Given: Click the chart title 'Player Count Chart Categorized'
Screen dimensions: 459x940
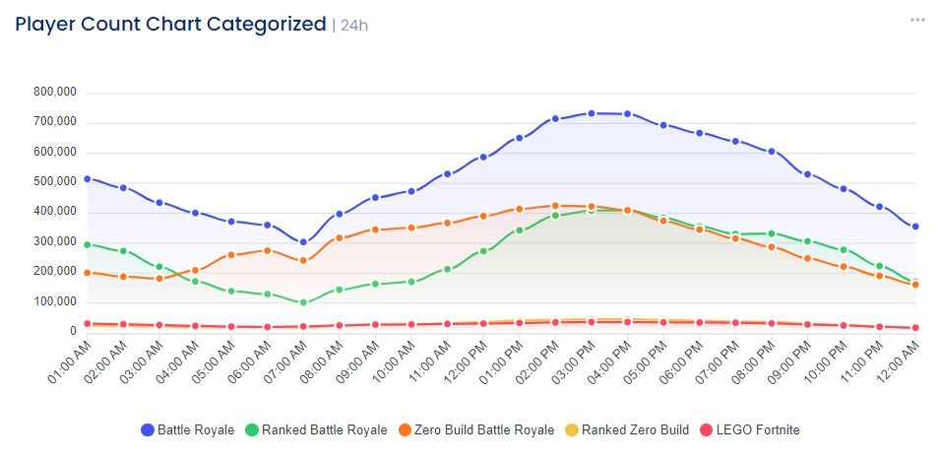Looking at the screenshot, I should tap(170, 24).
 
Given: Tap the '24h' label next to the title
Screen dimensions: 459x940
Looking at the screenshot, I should tap(353, 26).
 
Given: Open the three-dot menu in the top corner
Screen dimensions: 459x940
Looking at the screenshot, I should tap(917, 20).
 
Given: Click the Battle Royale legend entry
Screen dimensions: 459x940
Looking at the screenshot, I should tap(188, 429).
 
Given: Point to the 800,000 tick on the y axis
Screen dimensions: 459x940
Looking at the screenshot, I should tap(55, 93).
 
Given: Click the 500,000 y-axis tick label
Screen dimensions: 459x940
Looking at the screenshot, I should tap(55, 182).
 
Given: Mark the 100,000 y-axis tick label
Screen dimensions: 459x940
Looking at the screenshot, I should tap(55, 301).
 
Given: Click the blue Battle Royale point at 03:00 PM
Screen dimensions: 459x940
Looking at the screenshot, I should tap(592, 113).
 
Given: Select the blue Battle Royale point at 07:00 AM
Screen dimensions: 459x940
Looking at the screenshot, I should tap(303, 242).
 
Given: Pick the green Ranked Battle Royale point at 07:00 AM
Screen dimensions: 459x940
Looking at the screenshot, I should tap(303, 302).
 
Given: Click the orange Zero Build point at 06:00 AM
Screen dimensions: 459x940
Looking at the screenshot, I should tap(267, 250).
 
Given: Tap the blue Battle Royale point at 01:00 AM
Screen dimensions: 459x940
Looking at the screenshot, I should tap(87, 178).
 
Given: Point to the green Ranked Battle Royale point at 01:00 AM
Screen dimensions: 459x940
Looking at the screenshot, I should tap(87, 244).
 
